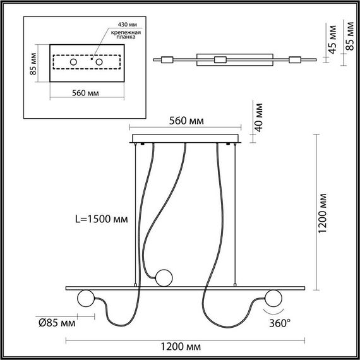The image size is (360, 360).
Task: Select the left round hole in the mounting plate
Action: pos(73,63)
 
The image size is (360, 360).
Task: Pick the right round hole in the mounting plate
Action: pos(99,63)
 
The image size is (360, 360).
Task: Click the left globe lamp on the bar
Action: pos(84,299)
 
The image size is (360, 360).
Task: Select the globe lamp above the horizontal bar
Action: pos(164,277)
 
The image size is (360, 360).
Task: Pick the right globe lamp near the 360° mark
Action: pos(273,298)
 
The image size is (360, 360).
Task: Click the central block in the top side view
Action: pos(219,60)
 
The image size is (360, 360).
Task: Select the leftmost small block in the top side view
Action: pos(167,60)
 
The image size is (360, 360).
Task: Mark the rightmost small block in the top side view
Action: pos(294,60)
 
